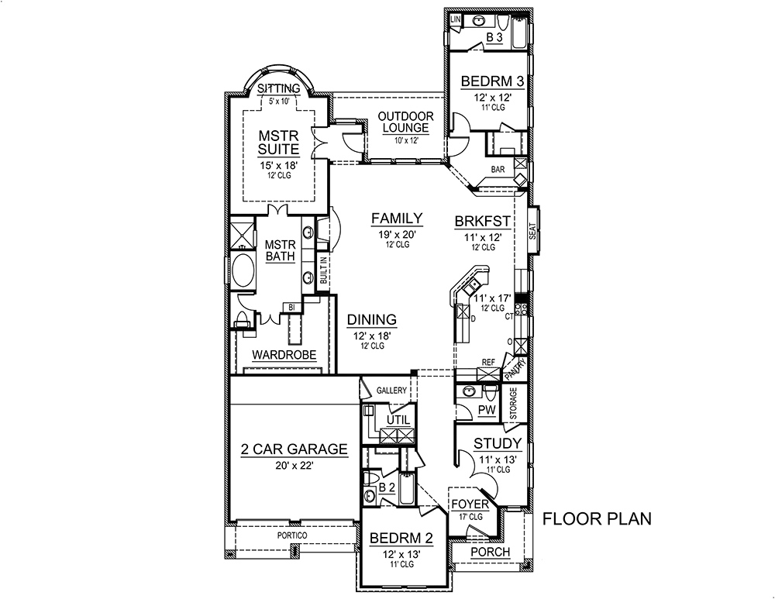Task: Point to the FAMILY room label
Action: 396,219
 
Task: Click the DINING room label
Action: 372,319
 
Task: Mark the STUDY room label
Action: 497,444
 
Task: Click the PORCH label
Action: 491,552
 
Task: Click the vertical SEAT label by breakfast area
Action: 532,230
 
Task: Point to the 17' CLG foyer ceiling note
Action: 470,517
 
